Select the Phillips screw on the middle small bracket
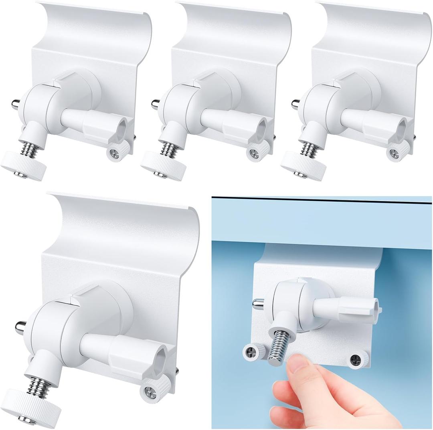click(254, 153)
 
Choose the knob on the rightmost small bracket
click(299, 165)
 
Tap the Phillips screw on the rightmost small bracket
click(393, 153)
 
